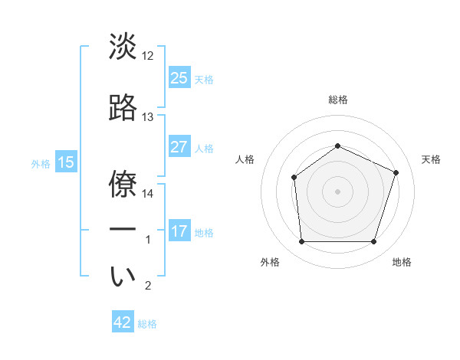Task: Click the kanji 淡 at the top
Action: click(123, 47)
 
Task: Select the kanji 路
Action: click(123, 109)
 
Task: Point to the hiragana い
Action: click(123, 277)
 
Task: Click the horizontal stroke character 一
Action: click(123, 229)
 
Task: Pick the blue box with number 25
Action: click(179, 78)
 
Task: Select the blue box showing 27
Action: click(179, 147)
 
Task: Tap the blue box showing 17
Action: click(179, 231)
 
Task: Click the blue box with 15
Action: click(65, 162)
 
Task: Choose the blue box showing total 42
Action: click(123, 322)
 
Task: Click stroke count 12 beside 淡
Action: click(148, 57)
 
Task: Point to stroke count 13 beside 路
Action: click(148, 117)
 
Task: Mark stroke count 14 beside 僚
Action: click(148, 194)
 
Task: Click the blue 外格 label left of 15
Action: click(41, 163)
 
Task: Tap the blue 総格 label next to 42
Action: click(147, 324)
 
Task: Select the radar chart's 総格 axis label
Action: click(337, 100)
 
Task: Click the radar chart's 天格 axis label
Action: click(431, 159)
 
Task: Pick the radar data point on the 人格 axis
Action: click(294, 178)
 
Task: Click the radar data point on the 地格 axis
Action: click(373, 242)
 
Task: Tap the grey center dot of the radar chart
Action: click(337, 191)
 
